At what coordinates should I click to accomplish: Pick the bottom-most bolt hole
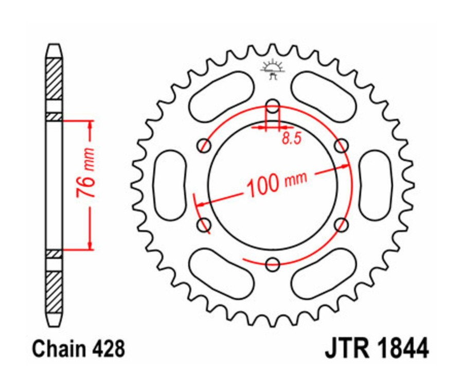click(x=272, y=265)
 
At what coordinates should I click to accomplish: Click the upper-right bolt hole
click(x=340, y=146)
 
